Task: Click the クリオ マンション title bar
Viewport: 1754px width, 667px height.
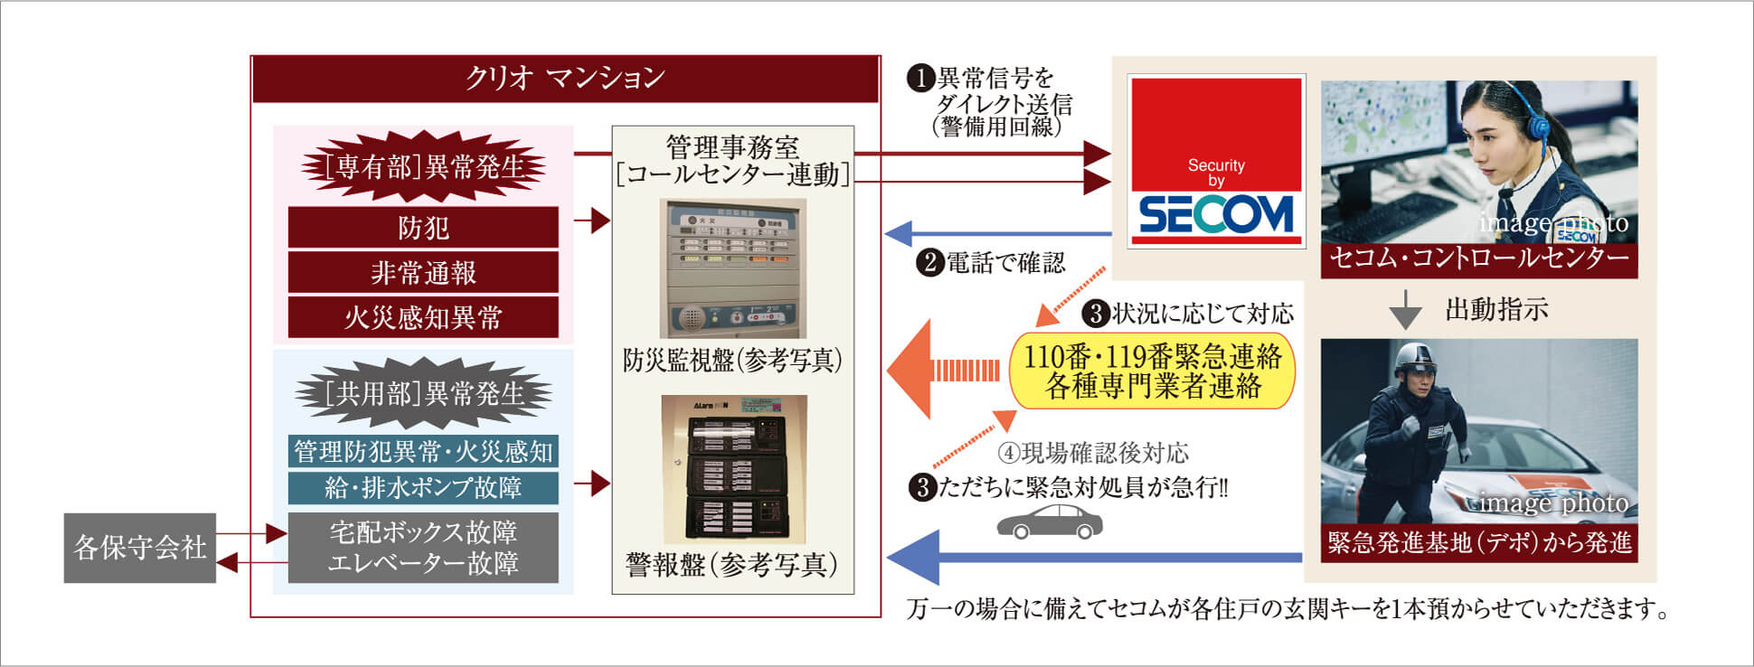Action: click(565, 79)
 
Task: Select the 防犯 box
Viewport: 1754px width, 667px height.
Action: click(423, 228)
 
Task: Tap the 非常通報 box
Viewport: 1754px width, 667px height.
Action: click(423, 272)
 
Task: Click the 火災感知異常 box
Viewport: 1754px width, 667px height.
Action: click(423, 317)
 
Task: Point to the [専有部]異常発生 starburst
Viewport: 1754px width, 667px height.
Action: click(423, 167)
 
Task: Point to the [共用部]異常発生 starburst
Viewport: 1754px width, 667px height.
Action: click(423, 394)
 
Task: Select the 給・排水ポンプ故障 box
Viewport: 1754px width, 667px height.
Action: click(423, 488)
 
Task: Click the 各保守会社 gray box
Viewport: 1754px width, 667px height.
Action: click(139, 548)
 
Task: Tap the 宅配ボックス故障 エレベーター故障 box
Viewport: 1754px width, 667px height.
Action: click(423, 548)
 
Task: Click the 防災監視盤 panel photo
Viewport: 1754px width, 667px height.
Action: click(732, 268)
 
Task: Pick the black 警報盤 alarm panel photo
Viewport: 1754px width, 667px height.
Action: click(733, 469)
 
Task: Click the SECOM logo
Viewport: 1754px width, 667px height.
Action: click(1216, 215)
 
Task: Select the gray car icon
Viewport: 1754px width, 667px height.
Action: click(1050, 522)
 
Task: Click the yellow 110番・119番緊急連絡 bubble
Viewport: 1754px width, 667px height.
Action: click(1152, 371)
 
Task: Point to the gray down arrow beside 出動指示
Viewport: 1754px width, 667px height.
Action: click(1405, 310)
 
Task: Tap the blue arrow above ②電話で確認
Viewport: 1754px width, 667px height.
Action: click(995, 234)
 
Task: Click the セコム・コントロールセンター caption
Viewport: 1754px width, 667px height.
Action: click(1479, 259)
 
